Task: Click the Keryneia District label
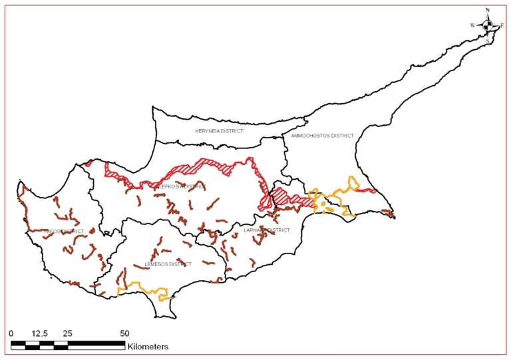[219, 131]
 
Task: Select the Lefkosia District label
[180, 187]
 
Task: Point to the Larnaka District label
[267, 230]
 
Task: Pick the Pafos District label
[65, 232]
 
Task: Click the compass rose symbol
[488, 25]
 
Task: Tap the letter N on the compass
[488, 11]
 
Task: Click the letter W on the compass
[472, 25]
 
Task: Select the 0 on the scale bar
[11, 332]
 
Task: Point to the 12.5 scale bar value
[39, 332]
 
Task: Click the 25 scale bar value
[67, 332]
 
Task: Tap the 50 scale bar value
[124, 332]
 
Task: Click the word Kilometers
[148, 347]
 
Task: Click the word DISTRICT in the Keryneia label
[230, 131]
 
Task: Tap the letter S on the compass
[488, 41]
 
